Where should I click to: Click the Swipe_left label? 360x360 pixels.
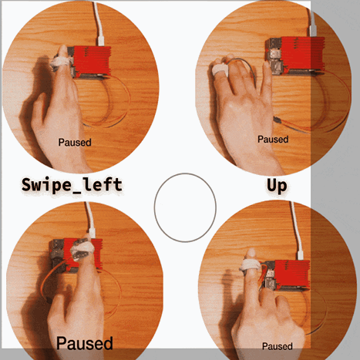click(72, 185)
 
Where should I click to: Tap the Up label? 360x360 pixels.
click(277, 187)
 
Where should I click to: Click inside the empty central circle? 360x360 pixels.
click(185, 207)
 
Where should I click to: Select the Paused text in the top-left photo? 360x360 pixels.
click(75, 143)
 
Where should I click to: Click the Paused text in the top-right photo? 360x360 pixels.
click(273, 140)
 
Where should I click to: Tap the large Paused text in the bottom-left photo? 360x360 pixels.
click(85, 343)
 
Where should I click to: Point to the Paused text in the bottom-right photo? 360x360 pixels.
click(278, 346)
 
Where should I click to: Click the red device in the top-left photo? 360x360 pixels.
click(91, 62)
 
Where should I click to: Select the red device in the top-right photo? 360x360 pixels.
click(295, 55)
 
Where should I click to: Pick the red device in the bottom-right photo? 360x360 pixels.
click(287, 275)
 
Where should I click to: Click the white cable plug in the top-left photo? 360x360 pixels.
click(101, 41)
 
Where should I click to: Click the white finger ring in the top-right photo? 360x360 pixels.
click(220, 69)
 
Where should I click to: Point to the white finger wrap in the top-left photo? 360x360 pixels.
click(61, 62)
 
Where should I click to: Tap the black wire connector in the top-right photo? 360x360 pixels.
click(277, 119)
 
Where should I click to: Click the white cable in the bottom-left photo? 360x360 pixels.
click(90, 218)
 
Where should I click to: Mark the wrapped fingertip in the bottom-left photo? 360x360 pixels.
click(82, 248)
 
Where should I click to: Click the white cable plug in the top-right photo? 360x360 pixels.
click(313, 30)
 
